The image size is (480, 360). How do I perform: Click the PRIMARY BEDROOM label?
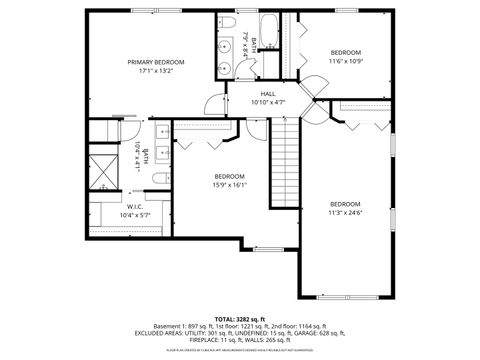click(155, 62)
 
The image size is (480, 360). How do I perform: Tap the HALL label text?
click(267, 92)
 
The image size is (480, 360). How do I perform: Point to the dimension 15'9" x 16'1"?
click(229, 184)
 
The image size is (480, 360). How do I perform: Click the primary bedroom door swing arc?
click(212, 103)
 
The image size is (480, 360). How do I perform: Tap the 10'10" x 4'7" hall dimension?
click(267, 102)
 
